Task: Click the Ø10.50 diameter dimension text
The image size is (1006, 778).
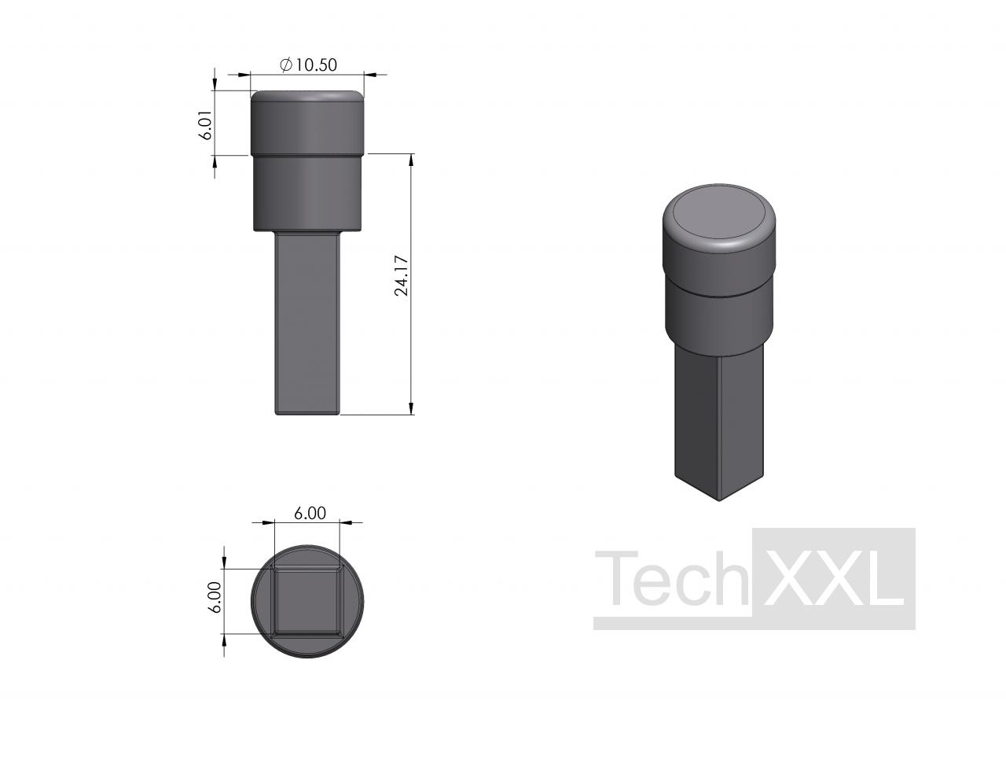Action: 308,65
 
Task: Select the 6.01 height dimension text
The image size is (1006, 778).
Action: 205,125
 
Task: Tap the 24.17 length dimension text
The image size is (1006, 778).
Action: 401,275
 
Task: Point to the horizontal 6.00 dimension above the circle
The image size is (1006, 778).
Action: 310,513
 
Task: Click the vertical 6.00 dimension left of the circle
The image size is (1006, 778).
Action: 215,597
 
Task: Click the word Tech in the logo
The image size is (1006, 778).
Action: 671,578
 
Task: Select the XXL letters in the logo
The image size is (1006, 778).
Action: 833,578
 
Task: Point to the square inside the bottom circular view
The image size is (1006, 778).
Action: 307,601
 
